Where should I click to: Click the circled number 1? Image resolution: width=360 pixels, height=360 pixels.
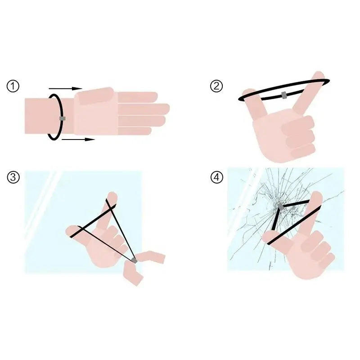tap(13, 86)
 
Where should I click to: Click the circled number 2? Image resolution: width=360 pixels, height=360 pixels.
tap(216, 86)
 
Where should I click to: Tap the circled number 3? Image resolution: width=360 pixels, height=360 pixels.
tap(13, 177)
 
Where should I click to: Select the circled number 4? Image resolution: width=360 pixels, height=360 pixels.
tap(216, 177)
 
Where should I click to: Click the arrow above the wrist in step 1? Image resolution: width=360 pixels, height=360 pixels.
tap(65, 88)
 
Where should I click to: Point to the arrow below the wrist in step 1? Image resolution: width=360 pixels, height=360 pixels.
tap(78, 139)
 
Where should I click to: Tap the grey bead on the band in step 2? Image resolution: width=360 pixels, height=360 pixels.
tap(284, 95)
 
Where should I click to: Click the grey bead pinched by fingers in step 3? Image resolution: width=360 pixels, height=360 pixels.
tap(134, 261)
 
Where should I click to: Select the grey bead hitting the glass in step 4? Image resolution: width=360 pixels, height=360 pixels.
tap(280, 206)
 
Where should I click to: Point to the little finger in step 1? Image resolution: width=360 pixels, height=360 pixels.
tap(135, 131)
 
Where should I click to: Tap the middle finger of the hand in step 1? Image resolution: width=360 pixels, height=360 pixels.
tap(144, 109)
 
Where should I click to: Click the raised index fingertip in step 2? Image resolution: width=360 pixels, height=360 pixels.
tap(319, 75)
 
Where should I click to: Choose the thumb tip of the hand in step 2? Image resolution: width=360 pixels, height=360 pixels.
tap(248, 93)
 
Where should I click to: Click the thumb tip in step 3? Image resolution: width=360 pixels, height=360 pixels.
tap(70, 231)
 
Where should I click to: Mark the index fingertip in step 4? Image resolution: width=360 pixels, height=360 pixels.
tap(317, 196)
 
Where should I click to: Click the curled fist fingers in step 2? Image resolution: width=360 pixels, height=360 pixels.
tap(299, 137)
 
